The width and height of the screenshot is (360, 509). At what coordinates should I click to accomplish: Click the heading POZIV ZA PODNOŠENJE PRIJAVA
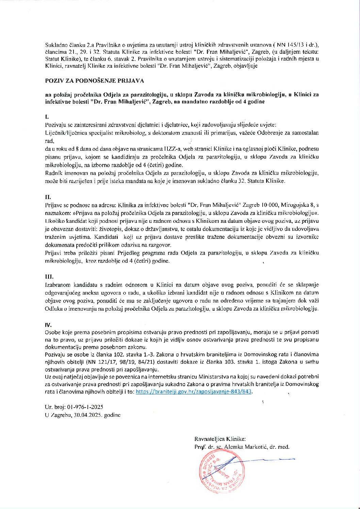pos(95,81)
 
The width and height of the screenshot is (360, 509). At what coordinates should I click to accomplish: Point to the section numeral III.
pos(49,277)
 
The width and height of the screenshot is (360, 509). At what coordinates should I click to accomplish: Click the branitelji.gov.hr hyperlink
pos(193,392)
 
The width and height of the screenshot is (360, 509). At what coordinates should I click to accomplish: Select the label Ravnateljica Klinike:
pos(220,439)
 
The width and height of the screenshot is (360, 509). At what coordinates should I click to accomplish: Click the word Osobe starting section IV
pos(52,332)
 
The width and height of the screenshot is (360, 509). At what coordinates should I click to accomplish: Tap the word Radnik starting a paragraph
pos(53,173)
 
